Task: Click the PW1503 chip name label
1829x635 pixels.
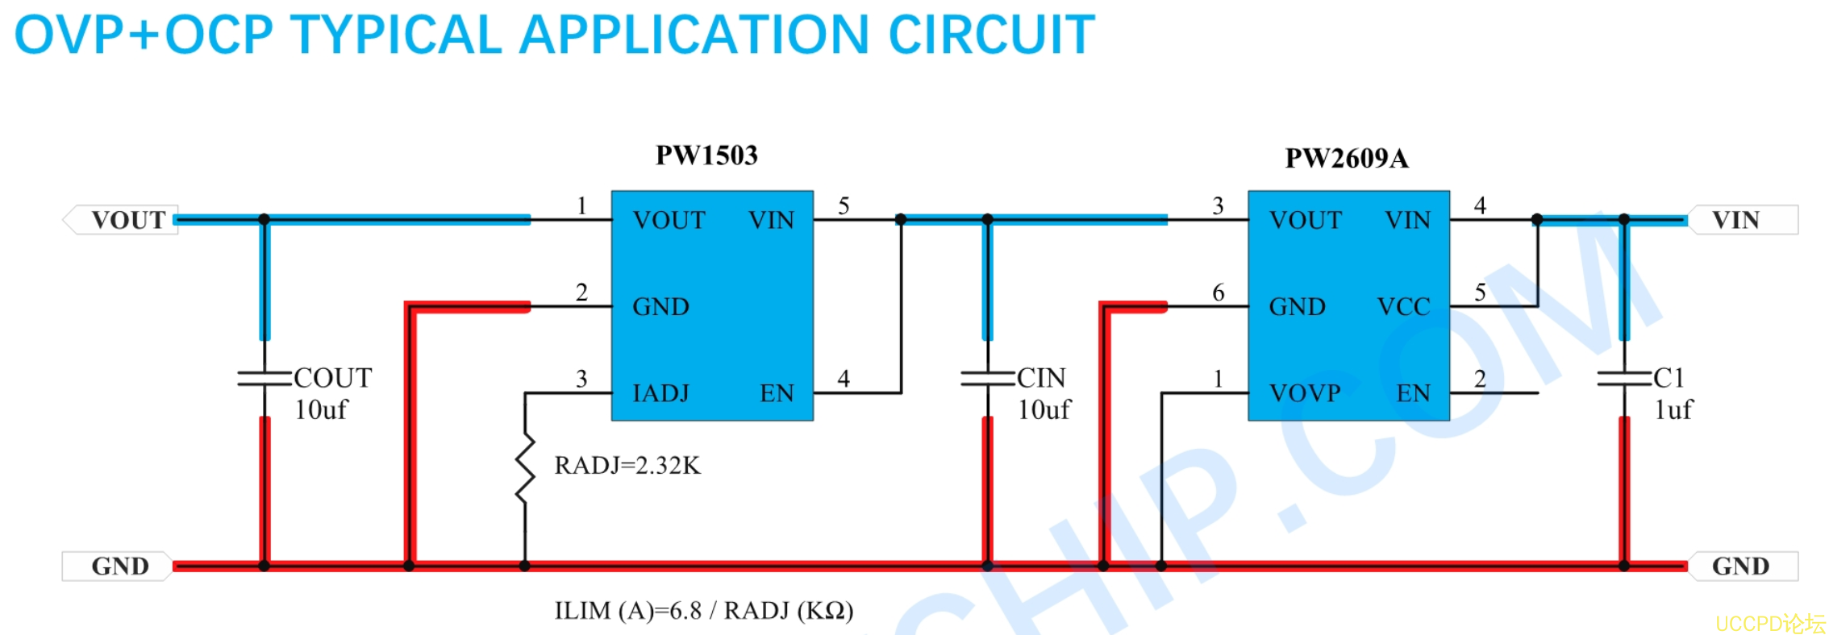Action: coord(706,155)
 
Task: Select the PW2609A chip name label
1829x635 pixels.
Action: coord(1347,158)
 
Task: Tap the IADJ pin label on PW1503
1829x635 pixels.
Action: coord(661,393)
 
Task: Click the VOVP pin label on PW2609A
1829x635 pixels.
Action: coord(1305,393)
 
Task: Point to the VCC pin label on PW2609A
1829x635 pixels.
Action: coord(1403,306)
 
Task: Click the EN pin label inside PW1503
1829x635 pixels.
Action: coord(777,393)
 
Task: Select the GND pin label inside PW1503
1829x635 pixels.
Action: coord(661,306)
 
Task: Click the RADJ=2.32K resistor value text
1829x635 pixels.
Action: coord(627,465)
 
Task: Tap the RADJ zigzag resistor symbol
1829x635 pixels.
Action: coord(525,469)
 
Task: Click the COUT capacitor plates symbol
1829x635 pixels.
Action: coord(265,378)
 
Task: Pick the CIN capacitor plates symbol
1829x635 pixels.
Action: coord(987,378)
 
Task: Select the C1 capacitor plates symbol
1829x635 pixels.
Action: coord(1624,378)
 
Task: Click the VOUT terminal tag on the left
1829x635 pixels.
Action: coord(120,220)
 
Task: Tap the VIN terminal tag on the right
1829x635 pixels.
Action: coord(1743,220)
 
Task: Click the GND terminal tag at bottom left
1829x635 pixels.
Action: coord(117,566)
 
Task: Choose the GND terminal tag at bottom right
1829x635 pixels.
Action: coord(1743,566)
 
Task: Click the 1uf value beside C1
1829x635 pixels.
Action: coord(1673,410)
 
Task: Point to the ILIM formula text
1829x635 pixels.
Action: coord(703,611)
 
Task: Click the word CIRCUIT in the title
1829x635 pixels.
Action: coord(991,35)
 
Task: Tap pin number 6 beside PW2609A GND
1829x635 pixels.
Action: coord(1219,293)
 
